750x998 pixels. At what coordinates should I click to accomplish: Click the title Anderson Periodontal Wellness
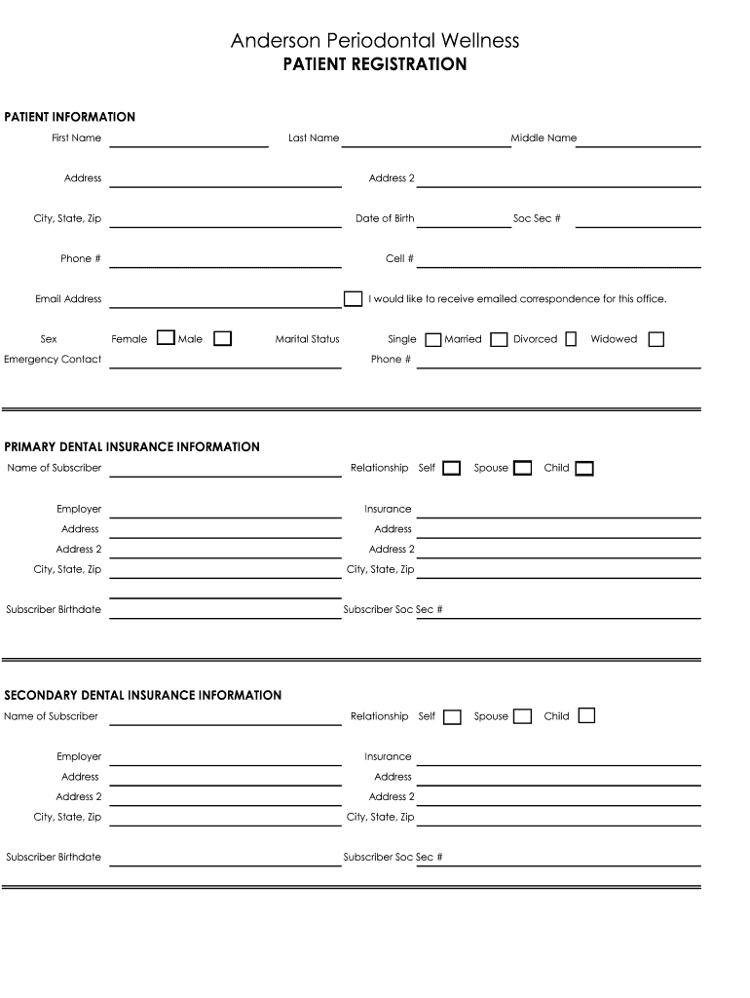[x=375, y=40]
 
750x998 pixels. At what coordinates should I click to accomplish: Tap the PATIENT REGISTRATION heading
[x=375, y=64]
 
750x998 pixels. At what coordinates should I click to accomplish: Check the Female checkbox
[x=166, y=338]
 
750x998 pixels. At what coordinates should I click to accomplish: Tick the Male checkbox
[x=223, y=338]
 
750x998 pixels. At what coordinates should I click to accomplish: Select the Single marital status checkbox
[x=432, y=339]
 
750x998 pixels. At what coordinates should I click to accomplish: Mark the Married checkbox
[x=499, y=339]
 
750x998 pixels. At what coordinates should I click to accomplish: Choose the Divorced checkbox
[x=571, y=339]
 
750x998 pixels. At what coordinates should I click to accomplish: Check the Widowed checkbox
[x=656, y=339]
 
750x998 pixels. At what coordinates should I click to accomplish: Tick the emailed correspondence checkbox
[x=353, y=298]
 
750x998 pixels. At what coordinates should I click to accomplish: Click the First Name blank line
[x=189, y=142]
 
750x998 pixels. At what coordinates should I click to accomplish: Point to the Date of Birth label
[x=385, y=218]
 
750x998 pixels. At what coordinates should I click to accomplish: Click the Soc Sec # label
[x=537, y=218]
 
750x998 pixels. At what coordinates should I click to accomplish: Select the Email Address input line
[x=225, y=303]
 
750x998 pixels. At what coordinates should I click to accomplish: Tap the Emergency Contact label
[x=53, y=359]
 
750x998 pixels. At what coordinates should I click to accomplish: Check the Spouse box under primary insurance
[x=523, y=468]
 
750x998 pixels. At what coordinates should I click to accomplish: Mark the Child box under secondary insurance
[x=585, y=716]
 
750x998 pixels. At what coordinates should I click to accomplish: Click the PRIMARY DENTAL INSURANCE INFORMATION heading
[x=132, y=447]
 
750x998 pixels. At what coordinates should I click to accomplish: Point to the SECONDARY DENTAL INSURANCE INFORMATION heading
[x=143, y=695]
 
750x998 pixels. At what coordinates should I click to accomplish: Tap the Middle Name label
[x=544, y=138]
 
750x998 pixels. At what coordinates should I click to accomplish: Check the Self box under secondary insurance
[x=452, y=717]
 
